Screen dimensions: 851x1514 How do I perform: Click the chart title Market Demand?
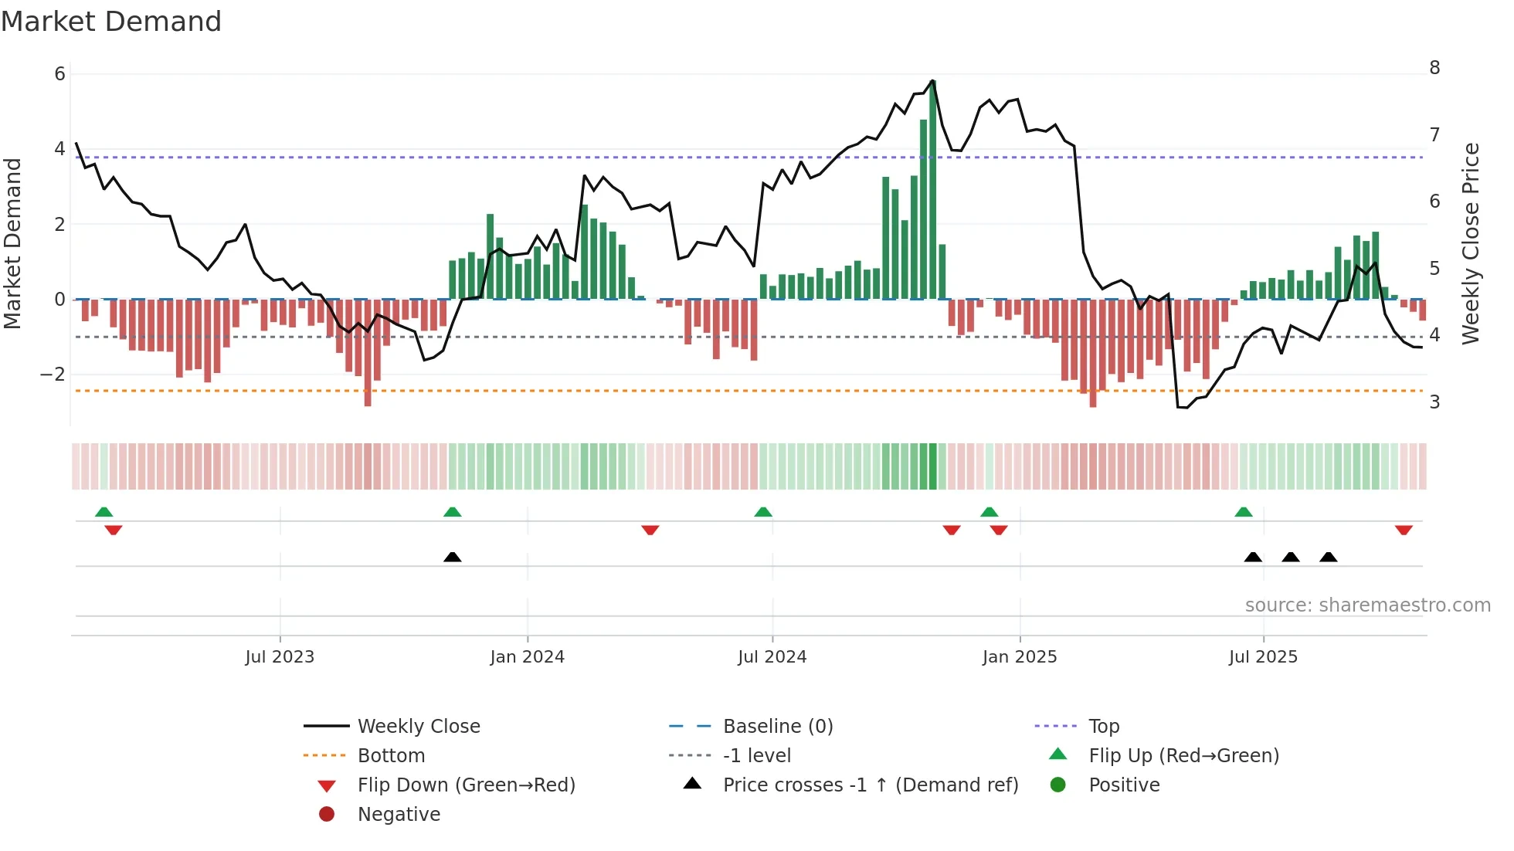(111, 22)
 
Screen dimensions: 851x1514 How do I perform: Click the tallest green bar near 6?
(933, 193)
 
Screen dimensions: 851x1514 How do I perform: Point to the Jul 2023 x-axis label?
(280, 657)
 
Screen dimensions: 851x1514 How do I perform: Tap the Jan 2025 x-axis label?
(1020, 657)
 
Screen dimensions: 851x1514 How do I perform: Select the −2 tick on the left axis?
(53, 375)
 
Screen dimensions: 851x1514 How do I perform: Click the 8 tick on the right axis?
(1434, 68)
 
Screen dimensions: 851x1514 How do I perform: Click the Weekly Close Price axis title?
(1472, 243)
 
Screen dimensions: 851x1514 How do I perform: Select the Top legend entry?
(1104, 727)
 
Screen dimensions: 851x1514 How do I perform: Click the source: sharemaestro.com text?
(1367, 605)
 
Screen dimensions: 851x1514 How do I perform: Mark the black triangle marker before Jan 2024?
(453, 558)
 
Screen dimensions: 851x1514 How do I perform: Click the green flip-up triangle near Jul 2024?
(763, 512)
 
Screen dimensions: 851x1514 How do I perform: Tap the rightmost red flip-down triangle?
(1404, 530)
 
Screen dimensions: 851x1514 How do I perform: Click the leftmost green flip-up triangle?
(104, 512)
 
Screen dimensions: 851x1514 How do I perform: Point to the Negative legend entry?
(399, 815)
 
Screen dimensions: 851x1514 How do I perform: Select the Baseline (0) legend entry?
(777, 727)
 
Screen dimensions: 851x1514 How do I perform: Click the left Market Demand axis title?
(13, 243)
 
